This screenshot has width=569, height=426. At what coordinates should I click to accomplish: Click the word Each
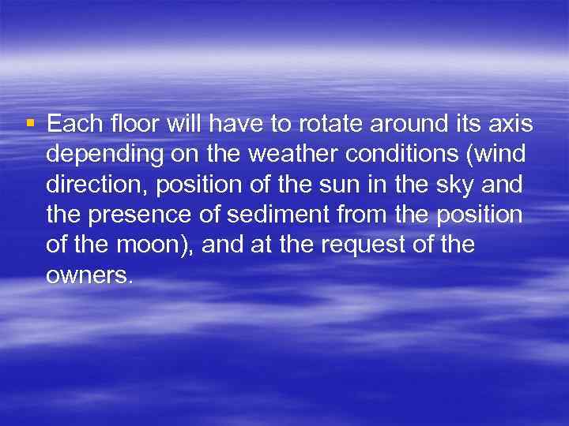(73, 124)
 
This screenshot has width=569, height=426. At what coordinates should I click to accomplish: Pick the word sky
(450, 185)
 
